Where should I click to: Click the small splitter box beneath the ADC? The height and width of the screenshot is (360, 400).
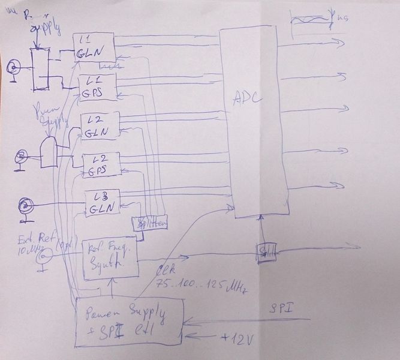pyautogui.click(x=264, y=252)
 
